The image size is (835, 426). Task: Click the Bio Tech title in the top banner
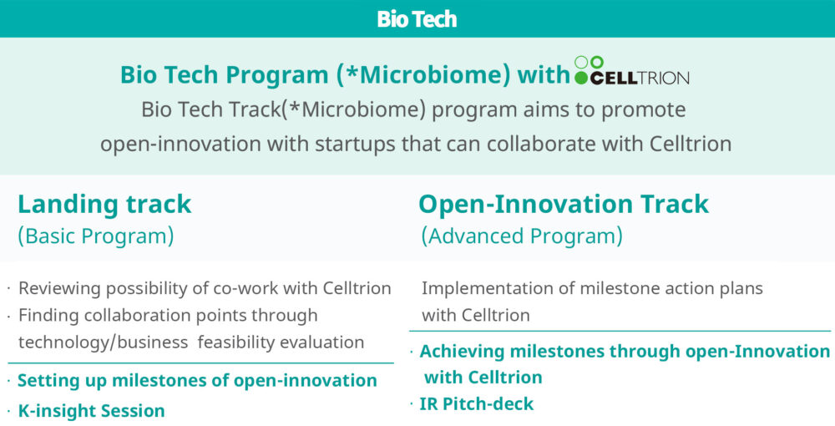[x=417, y=19]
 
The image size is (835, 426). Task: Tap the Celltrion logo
[x=632, y=71]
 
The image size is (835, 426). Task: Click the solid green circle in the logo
[x=581, y=78]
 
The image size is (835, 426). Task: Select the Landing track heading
[x=104, y=204]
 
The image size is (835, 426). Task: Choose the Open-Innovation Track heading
[x=564, y=204]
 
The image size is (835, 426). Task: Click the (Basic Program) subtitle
[x=96, y=236]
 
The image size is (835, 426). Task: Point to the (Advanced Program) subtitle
[x=522, y=236]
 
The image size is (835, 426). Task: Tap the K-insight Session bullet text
[x=91, y=411]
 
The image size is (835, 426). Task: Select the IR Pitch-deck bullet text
[x=477, y=403]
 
